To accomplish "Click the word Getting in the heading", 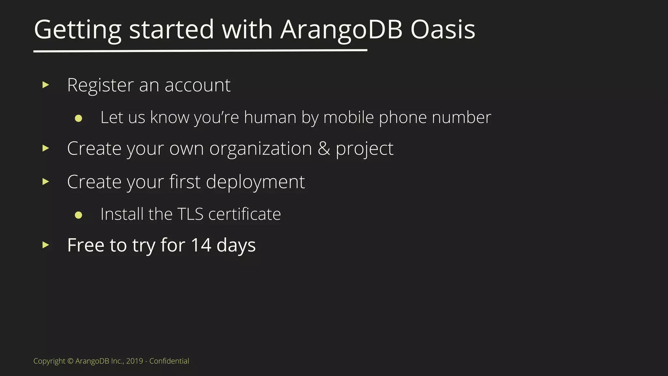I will tap(78, 30).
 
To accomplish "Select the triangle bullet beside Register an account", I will tap(46, 85).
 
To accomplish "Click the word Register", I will tap(100, 86).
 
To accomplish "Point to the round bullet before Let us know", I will tap(78, 118).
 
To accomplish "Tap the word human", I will tap(270, 117).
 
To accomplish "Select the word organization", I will tap(261, 149).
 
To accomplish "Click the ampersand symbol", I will tap(324, 149).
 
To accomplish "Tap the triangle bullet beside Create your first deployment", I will tap(46, 181).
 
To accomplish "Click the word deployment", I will tap(255, 182).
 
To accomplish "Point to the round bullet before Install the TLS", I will tap(78, 215).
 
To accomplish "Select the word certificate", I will tap(244, 214).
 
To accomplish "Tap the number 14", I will tap(201, 245).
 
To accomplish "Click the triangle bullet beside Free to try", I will tap(46, 245).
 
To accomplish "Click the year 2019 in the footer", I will tap(134, 361).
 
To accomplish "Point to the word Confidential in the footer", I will tap(169, 361).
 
